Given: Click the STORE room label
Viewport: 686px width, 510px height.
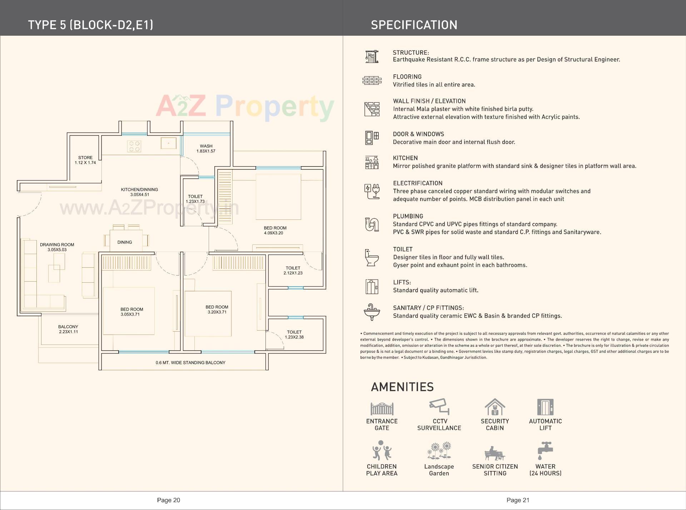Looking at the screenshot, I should (x=85, y=158).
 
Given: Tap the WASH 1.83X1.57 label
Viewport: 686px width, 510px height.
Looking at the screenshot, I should (x=206, y=148).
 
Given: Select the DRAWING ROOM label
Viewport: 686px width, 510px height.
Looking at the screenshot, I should (x=57, y=245).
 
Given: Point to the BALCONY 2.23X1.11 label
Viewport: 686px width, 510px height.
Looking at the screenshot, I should (x=68, y=329).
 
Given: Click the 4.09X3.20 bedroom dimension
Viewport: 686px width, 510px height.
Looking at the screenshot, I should (x=273, y=233).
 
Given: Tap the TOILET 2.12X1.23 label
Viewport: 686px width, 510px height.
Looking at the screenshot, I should (x=293, y=270).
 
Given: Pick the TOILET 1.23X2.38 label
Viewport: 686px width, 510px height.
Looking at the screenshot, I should (x=294, y=335).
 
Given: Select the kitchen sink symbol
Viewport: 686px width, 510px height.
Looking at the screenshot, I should (x=168, y=143).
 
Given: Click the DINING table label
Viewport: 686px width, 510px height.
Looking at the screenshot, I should (x=125, y=242).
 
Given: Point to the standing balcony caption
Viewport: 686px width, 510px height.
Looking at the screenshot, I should (x=190, y=363).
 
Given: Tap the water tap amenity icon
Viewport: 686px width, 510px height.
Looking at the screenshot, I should (x=545, y=451).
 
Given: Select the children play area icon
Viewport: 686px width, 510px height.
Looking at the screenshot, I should (x=382, y=451).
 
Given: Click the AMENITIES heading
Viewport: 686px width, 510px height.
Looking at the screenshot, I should (x=402, y=387).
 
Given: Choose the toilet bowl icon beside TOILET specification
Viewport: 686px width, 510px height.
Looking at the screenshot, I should (x=372, y=258).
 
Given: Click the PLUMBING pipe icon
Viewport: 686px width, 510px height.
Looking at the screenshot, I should (x=372, y=224).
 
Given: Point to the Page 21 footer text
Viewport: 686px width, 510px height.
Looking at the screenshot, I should (x=518, y=500).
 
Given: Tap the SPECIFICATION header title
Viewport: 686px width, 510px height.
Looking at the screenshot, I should (x=414, y=25).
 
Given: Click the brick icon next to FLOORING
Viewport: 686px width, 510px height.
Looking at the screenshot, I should (x=372, y=80).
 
